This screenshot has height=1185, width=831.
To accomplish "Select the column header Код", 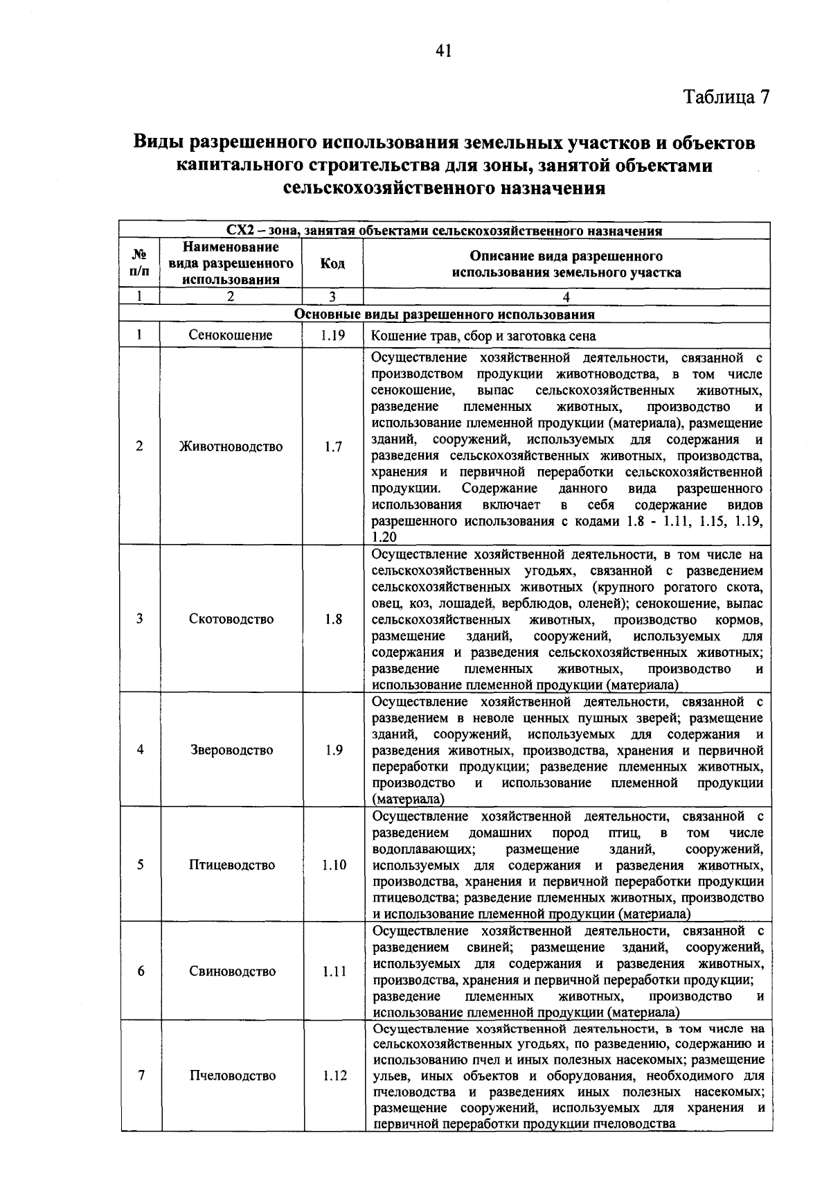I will pyautogui.click(x=332, y=264).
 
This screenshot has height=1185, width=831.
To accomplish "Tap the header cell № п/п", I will pyautogui.click(x=139, y=263).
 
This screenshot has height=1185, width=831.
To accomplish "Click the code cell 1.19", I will pyautogui.click(x=332, y=335).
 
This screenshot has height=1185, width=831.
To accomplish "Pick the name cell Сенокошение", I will pyautogui.click(x=231, y=335).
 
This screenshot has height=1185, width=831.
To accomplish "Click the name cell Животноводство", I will pyautogui.click(x=231, y=447).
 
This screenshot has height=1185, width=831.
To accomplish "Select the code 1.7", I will pyautogui.click(x=332, y=447).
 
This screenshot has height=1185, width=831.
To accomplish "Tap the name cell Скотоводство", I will pyautogui.click(x=231, y=619).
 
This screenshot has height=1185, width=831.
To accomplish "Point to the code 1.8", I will pyautogui.click(x=332, y=619).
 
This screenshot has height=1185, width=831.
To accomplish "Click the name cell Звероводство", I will pyautogui.click(x=231, y=750).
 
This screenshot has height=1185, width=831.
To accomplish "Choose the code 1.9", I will pyautogui.click(x=332, y=750).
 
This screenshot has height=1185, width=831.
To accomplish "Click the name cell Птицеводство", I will pyautogui.click(x=231, y=865).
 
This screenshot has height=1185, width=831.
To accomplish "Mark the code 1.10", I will pyautogui.click(x=332, y=865).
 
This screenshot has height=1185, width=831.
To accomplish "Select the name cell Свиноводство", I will pyautogui.click(x=231, y=972).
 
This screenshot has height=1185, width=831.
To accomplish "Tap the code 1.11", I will pyautogui.click(x=332, y=972).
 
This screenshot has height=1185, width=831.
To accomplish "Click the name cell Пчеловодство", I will pyautogui.click(x=231, y=1076).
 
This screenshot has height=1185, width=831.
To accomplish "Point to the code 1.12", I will pyautogui.click(x=332, y=1076).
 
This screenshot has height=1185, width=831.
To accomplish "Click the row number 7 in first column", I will pyautogui.click(x=141, y=1076).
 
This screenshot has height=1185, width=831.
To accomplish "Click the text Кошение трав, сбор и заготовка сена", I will pyautogui.click(x=483, y=337).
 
